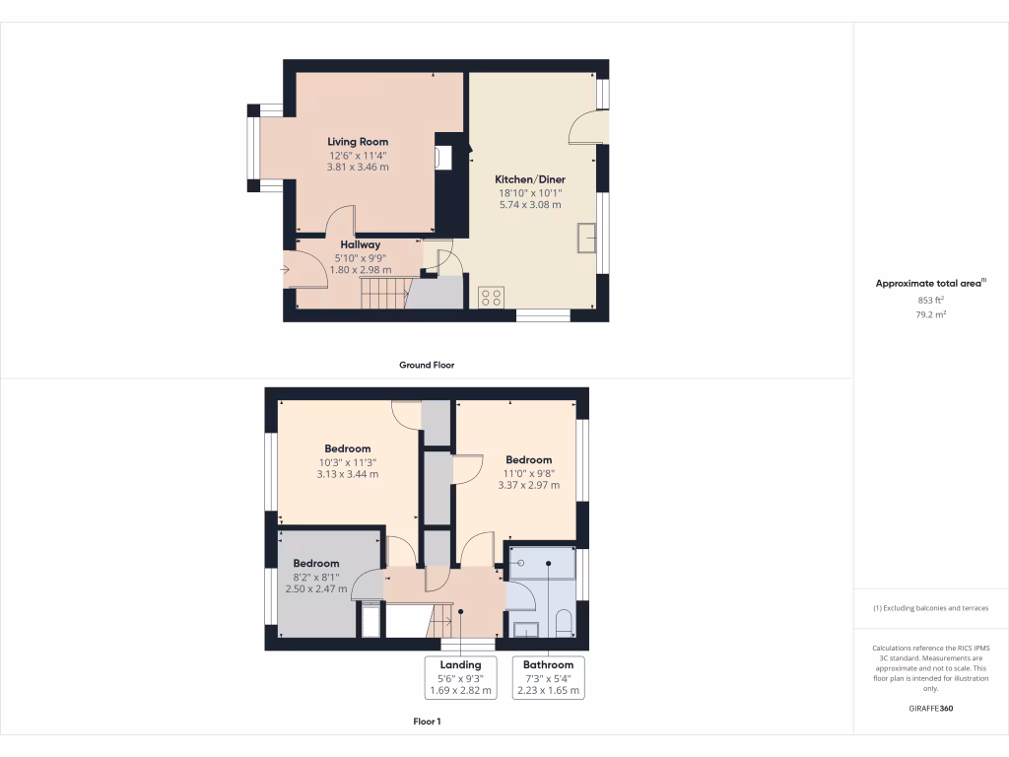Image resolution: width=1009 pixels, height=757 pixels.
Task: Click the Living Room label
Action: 358,142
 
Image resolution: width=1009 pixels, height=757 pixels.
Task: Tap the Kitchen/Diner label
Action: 529,179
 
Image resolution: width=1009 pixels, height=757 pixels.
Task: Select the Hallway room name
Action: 360,244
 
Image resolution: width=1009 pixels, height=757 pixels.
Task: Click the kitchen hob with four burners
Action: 491,297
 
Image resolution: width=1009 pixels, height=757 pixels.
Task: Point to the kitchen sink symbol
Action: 588,238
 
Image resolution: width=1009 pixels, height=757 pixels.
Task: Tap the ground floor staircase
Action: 384,293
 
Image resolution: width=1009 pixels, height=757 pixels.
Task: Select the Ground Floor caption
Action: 426,365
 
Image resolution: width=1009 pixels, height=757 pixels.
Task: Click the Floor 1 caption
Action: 426,722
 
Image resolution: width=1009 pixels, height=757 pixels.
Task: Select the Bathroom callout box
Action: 548,678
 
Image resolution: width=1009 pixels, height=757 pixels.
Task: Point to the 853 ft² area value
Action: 930,301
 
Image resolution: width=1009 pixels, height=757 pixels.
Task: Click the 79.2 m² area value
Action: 930,315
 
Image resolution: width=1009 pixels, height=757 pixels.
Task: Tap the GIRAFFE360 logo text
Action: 931,708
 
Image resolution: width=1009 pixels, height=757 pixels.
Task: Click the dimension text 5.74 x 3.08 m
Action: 529,205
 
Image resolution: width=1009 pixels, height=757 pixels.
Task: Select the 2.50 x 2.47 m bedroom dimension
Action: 315,588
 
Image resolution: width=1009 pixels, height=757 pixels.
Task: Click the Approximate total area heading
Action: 930,284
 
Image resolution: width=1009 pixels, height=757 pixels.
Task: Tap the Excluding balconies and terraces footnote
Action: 930,608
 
